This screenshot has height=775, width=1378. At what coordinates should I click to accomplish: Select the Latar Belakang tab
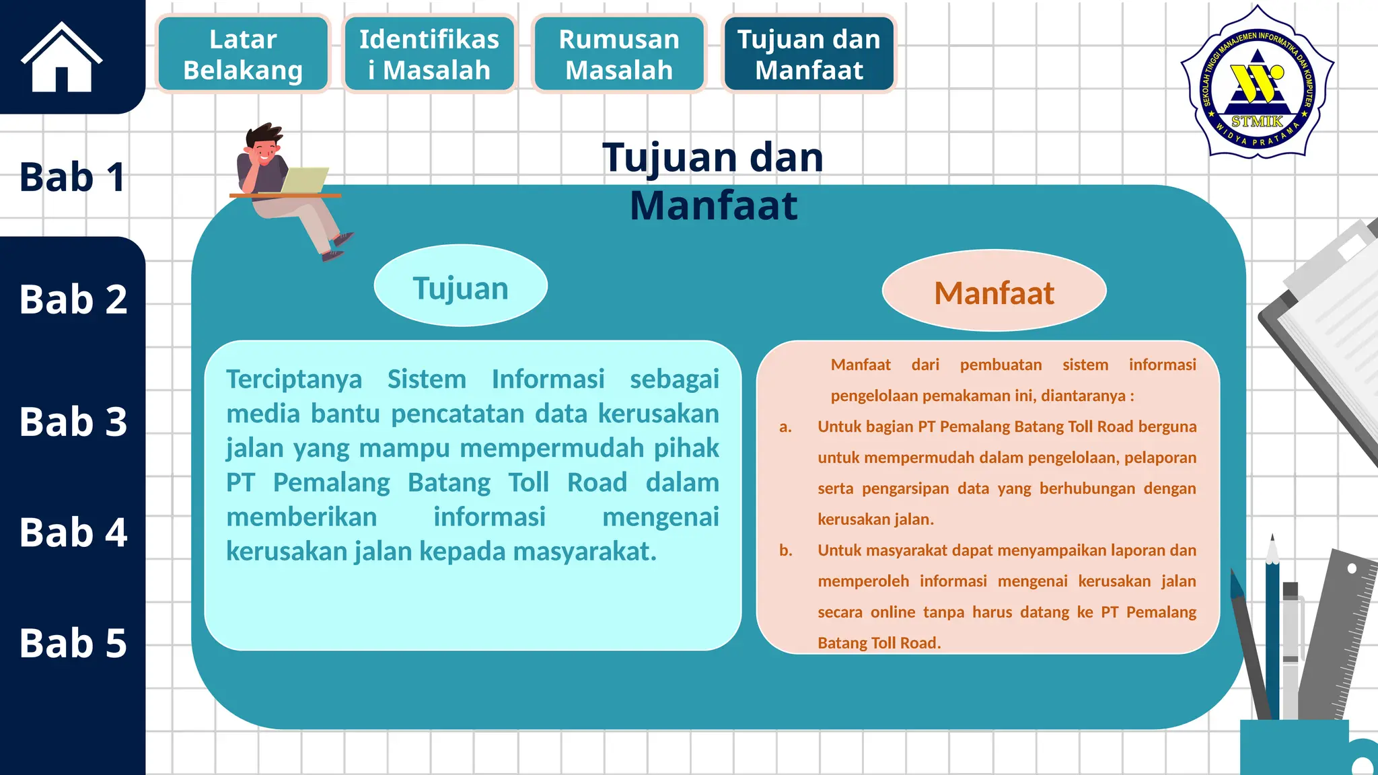(243, 54)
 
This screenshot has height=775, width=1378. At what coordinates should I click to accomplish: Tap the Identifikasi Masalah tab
(429, 54)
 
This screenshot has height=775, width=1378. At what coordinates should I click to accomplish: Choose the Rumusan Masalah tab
(619, 54)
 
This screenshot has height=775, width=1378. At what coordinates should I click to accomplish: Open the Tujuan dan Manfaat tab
(809, 54)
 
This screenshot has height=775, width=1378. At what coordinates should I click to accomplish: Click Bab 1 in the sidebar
(72, 177)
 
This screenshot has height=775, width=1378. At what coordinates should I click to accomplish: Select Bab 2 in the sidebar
(73, 299)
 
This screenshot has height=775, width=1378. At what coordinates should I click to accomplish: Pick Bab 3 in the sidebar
(73, 422)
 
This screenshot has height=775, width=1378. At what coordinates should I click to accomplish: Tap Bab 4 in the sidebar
(73, 532)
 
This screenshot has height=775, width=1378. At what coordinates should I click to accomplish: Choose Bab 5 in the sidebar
(73, 642)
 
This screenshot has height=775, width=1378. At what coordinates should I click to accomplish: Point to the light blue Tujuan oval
(461, 287)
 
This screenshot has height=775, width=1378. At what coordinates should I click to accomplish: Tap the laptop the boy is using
(303, 180)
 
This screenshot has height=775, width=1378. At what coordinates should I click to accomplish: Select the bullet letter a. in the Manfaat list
(785, 427)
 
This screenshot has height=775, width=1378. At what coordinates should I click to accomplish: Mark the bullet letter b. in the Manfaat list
(785, 550)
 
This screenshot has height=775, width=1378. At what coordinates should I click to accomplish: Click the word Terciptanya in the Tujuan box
(294, 379)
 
